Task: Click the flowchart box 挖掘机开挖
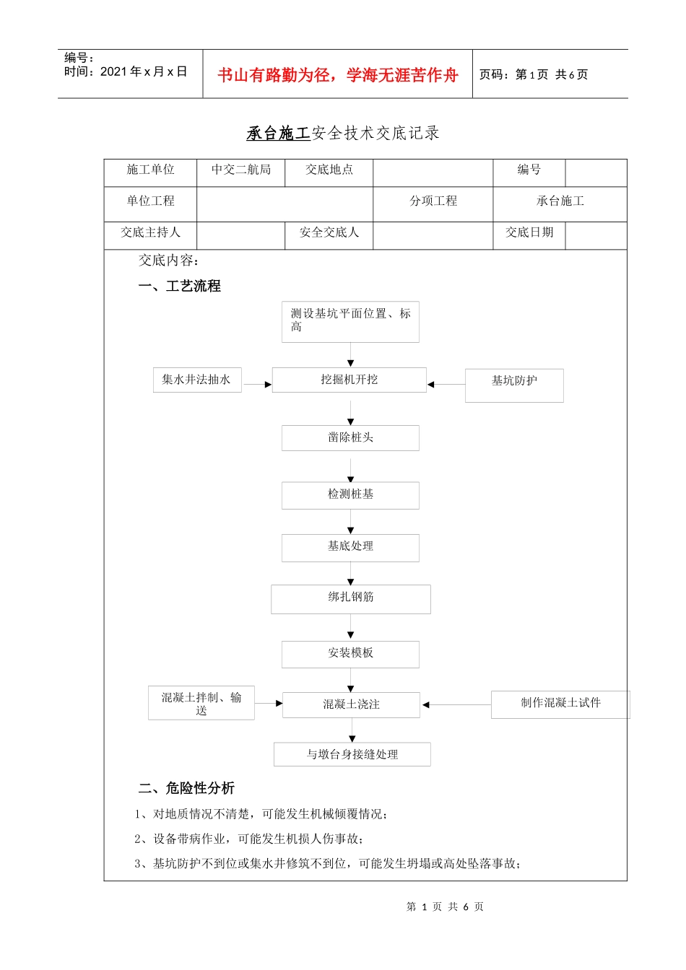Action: coord(349,380)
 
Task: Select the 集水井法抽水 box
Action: coord(196,380)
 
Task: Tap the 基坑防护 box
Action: coord(514,385)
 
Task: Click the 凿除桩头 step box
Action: coord(350,437)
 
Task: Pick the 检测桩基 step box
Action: coord(350,495)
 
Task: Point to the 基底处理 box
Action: coord(350,547)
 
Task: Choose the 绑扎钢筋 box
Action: coord(351,598)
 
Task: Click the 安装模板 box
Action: coord(350,654)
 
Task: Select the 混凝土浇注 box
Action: coord(351,704)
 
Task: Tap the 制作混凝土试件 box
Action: coord(560,704)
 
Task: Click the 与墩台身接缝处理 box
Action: coord(352,754)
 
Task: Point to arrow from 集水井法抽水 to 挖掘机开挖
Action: coord(257,385)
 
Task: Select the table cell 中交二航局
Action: coord(241,170)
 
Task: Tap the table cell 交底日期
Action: coord(529,233)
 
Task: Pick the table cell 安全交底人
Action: coord(329,233)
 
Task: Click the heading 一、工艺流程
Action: coord(180,287)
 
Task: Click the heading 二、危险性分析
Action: coord(186,788)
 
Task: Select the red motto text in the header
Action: coord(338,75)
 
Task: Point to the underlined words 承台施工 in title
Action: coord(278,134)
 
